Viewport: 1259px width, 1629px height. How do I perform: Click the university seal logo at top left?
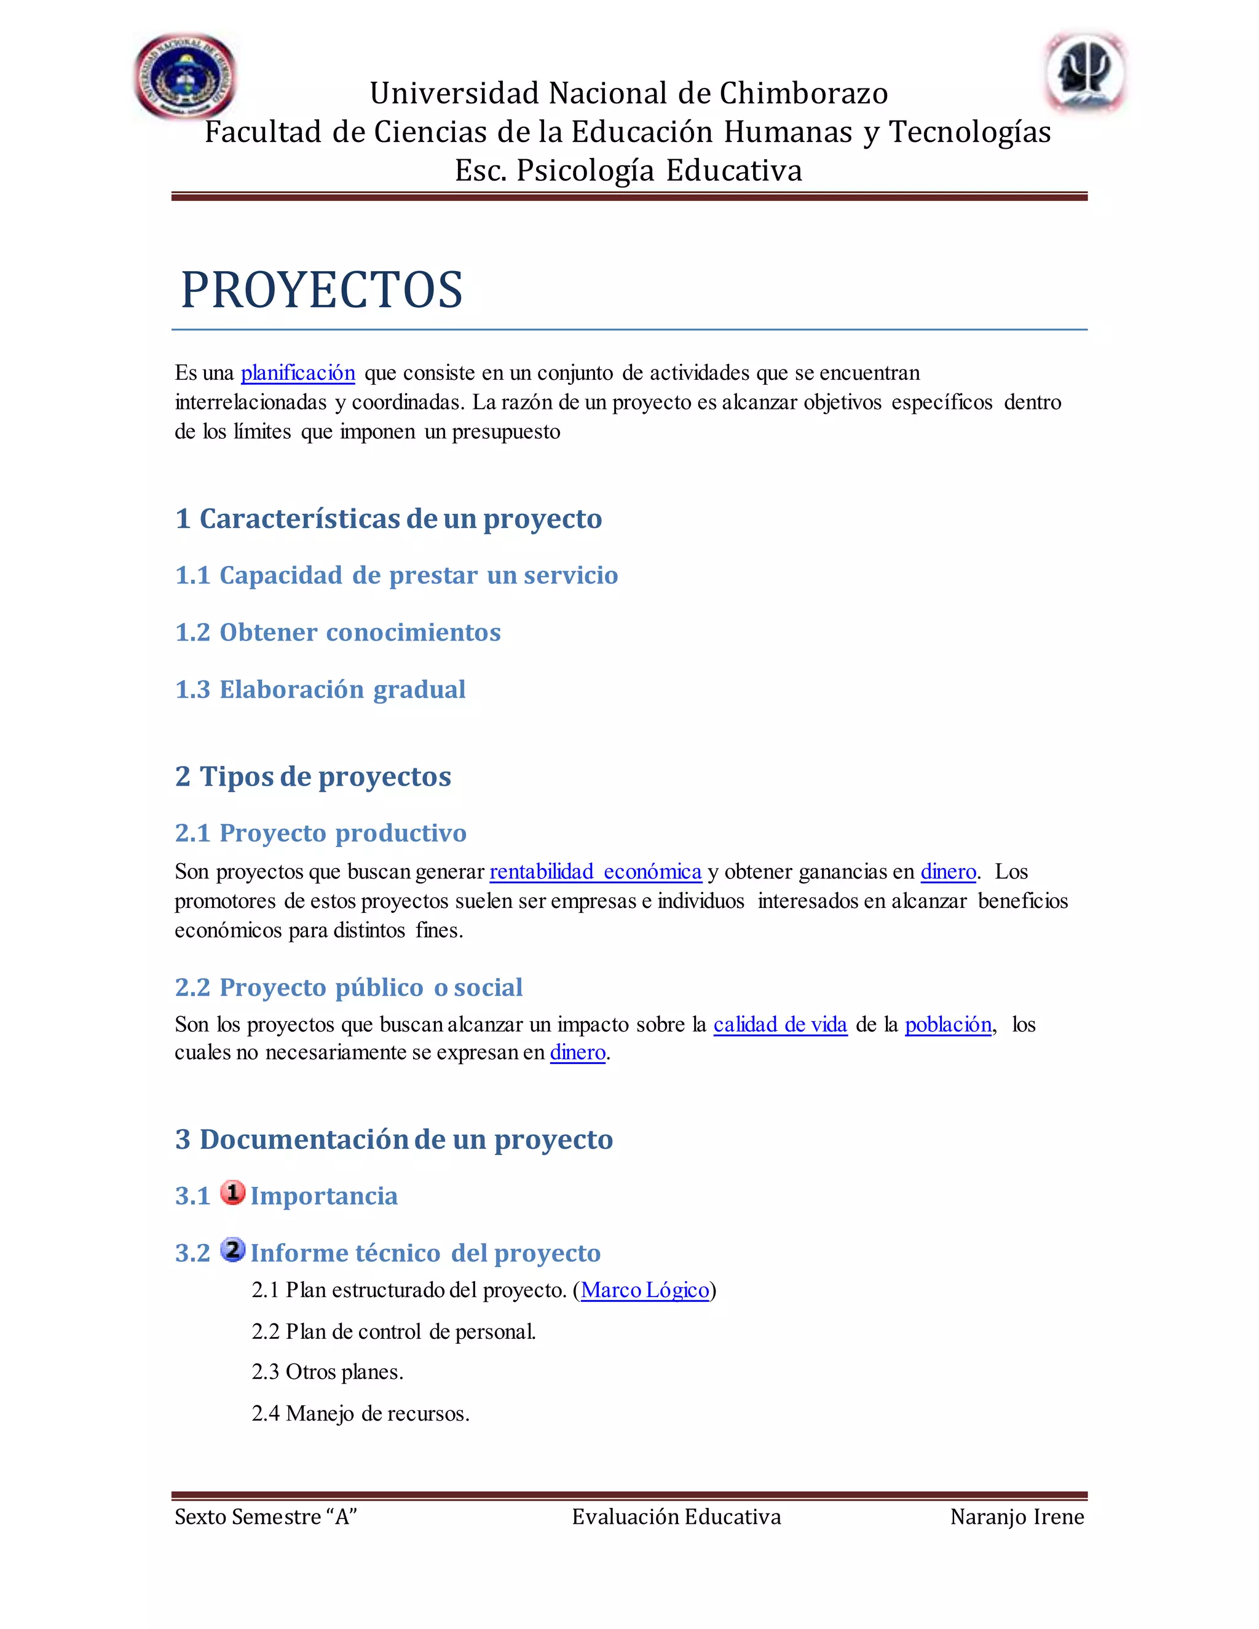pyautogui.click(x=185, y=76)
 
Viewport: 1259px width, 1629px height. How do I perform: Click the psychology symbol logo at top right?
pyautogui.click(x=1084, y=73)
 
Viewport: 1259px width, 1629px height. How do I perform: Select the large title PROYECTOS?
pyautogui.click(x=322, y=290)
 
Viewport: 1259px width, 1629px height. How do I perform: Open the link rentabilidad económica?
pyautogui.click(x=595, y=871)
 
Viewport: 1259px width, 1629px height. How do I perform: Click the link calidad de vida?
pyautogui.click(x=780, y=1024)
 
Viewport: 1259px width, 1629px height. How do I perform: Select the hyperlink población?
pyautogui.click(x=948, y=1024)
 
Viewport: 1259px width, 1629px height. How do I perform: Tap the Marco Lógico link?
pyautogui.click(x=644, y=1290)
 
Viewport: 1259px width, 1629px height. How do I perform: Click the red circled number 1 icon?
pyautogui.click(x=233, y=1193)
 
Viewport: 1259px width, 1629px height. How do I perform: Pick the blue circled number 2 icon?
pyautogui.click(x=233, y=1249)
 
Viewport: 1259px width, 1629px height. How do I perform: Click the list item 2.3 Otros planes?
pyautogui.click(x=328, y=1371)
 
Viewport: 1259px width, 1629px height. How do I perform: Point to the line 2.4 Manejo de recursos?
pyautogui.click(x=360, y=1413)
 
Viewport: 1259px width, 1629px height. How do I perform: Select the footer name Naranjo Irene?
pyautogui.click(x=1017, y=1517)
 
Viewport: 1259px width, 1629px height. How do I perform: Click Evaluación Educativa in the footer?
pyautogui.click(x=676, y=1517)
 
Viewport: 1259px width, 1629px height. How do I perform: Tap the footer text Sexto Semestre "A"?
pyautogui.click(x=266, y=1517)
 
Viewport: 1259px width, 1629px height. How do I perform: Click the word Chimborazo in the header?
pyautogui.click(x=803, y=93)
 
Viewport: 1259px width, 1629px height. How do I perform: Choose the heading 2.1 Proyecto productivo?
pyautogui.click(x=321, y=832)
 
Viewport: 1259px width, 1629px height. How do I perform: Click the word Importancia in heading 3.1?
pyautogui.click(x=324, y=1196)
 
